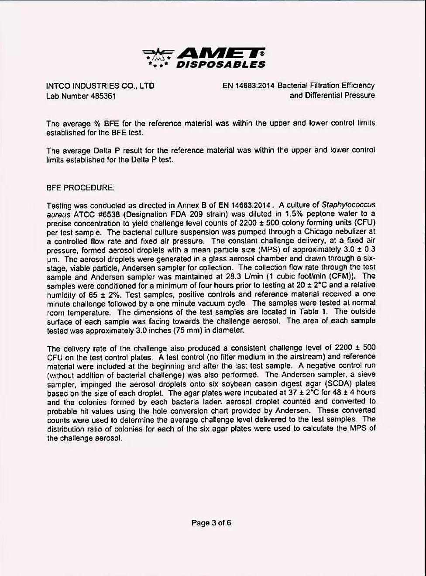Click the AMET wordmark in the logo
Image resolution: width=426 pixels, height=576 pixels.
click(x=220, y=54)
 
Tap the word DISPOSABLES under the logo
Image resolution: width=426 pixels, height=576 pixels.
click(x=220, y=65)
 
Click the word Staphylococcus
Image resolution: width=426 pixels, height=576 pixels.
click(x=348, y=204)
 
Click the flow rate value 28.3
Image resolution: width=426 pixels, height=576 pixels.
click(x=230, y=276)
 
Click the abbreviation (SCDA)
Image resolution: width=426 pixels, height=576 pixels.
click(x=336, y=383)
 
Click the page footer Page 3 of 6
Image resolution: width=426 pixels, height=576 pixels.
click(x=211, y=523)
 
